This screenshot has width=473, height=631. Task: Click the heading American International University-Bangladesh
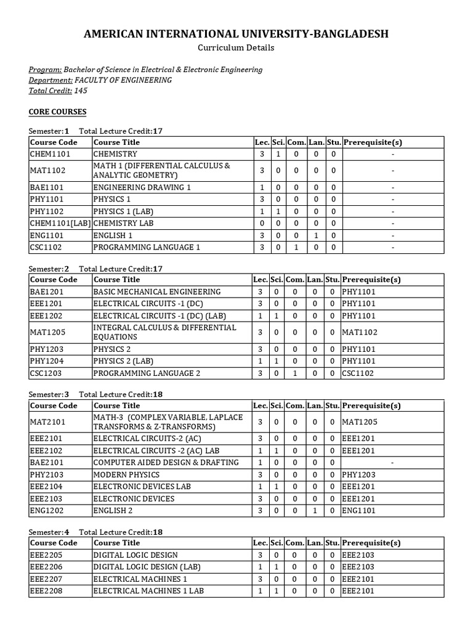pyautogui.click(x=236, y=34)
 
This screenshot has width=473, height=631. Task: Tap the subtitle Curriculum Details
pyautogui.click(x=236, y=47)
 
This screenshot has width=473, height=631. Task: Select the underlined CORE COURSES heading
pyautogui.click(x=58, y=112)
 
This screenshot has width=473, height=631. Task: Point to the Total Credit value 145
pyautogui.click(x=81, y=91)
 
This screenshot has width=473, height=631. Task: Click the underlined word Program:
pyautogui.click(x=46, y=70)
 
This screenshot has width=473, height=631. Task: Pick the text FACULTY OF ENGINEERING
pyautogui.click(x=123, y=80)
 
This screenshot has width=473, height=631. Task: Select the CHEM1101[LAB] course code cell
pyautogui.click(x=60, y=223)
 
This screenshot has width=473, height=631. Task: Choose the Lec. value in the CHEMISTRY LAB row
pyautogui.click(x=262, y=223)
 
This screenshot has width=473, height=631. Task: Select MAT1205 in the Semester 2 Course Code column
pyautogui.click(x=47, y=332)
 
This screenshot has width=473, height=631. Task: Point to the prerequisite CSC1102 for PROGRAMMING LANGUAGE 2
pyautogui.click(x=358, y=373)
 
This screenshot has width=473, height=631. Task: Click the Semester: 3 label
pyautogui.click(x=49, y=394)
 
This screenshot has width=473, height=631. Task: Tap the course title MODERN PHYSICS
pyautogui.click(x=126, y=474)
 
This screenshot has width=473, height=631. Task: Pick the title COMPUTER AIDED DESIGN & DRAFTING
pyautogui.click(x=166, y=462)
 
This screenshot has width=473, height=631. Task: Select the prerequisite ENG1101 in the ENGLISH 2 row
pyautogui.click(x=358, y=510)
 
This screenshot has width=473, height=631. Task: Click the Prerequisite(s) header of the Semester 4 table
pyautogui.click(x=371, y=543)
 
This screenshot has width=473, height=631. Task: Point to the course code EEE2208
pyautogui.click(x=47, y=590)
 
